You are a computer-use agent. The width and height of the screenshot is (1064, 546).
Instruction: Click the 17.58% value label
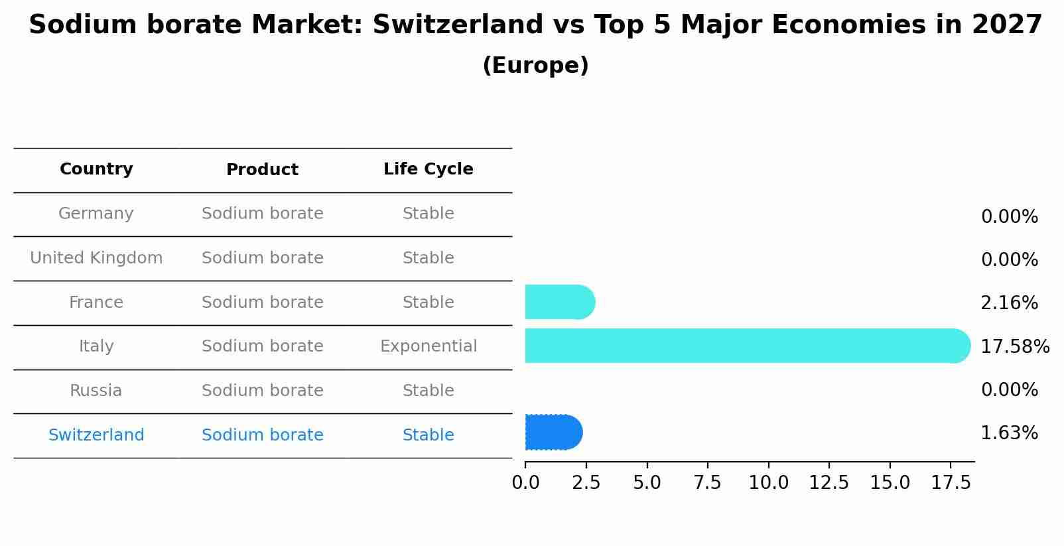click(1014, 346)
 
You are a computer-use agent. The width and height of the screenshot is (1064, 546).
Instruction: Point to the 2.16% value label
click(1009, 303)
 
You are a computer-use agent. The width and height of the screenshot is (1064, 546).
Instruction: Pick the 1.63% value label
click(1009, 433)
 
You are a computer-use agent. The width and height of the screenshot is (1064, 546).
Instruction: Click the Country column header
click(96, 169)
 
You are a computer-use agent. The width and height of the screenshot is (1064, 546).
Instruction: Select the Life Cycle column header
click(428, 169)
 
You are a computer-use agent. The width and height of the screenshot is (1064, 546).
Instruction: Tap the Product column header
click(262, 170)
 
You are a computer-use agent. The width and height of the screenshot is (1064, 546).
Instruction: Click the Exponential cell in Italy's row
click(428, 346)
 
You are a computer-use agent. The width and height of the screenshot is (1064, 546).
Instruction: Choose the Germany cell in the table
click(96, 214)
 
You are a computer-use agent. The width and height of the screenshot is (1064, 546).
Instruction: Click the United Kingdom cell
click(96, 258)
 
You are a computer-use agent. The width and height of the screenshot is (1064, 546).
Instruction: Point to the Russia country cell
click(96, 391)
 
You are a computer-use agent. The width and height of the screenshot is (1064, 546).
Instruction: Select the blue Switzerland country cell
click(96, 435)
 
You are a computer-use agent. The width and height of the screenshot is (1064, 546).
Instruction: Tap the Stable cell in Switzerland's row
click(428, 435)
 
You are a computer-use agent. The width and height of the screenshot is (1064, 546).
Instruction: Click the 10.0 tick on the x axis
click(768, 483)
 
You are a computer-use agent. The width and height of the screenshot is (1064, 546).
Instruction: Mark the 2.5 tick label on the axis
click(586, 483)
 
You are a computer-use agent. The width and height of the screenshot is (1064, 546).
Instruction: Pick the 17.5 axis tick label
click(951, 483)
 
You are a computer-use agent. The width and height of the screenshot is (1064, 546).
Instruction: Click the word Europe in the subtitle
click(535, 66)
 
